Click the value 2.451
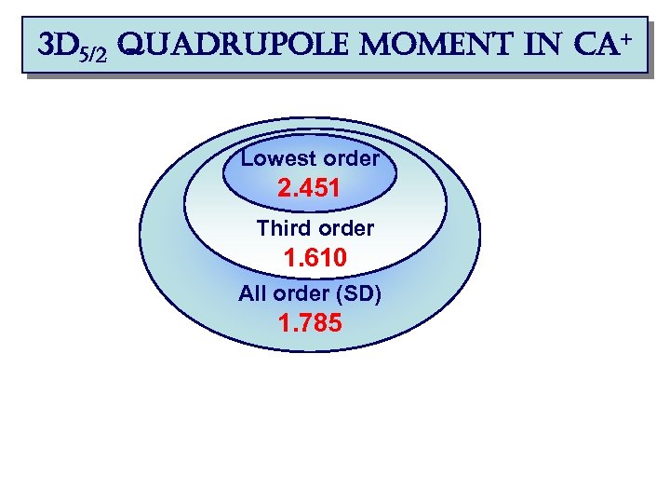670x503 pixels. coord(309,189)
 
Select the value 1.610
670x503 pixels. coord(315,258)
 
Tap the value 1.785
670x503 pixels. coord(310,324)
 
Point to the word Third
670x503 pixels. coord(283,227)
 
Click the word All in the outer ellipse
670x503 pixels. coord(252,294)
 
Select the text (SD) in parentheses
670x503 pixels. coord(359,294)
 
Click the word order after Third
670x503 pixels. coord(345,227)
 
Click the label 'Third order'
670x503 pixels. coord(315,227)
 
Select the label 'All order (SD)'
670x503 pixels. coord(310,294)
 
